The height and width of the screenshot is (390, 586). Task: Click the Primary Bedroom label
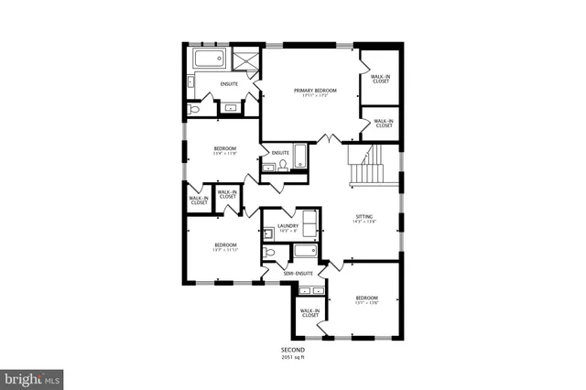[315, 92]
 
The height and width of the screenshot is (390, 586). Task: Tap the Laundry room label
[289, 227]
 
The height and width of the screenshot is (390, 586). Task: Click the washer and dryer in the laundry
[309, 222]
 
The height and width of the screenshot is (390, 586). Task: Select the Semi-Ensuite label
[298, 273]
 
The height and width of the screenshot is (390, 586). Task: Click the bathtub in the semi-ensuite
[302, 250]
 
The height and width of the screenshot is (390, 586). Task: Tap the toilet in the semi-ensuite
[269, 252]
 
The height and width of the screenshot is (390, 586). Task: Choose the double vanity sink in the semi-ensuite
[312, 290]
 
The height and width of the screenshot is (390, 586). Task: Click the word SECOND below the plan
[293, 351]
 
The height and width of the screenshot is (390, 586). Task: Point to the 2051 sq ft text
[293, 358]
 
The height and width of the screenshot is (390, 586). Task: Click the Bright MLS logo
[32, 376]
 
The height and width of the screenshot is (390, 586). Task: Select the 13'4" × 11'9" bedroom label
[225, 151]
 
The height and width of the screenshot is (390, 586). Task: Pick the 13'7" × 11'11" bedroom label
[225, 247]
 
